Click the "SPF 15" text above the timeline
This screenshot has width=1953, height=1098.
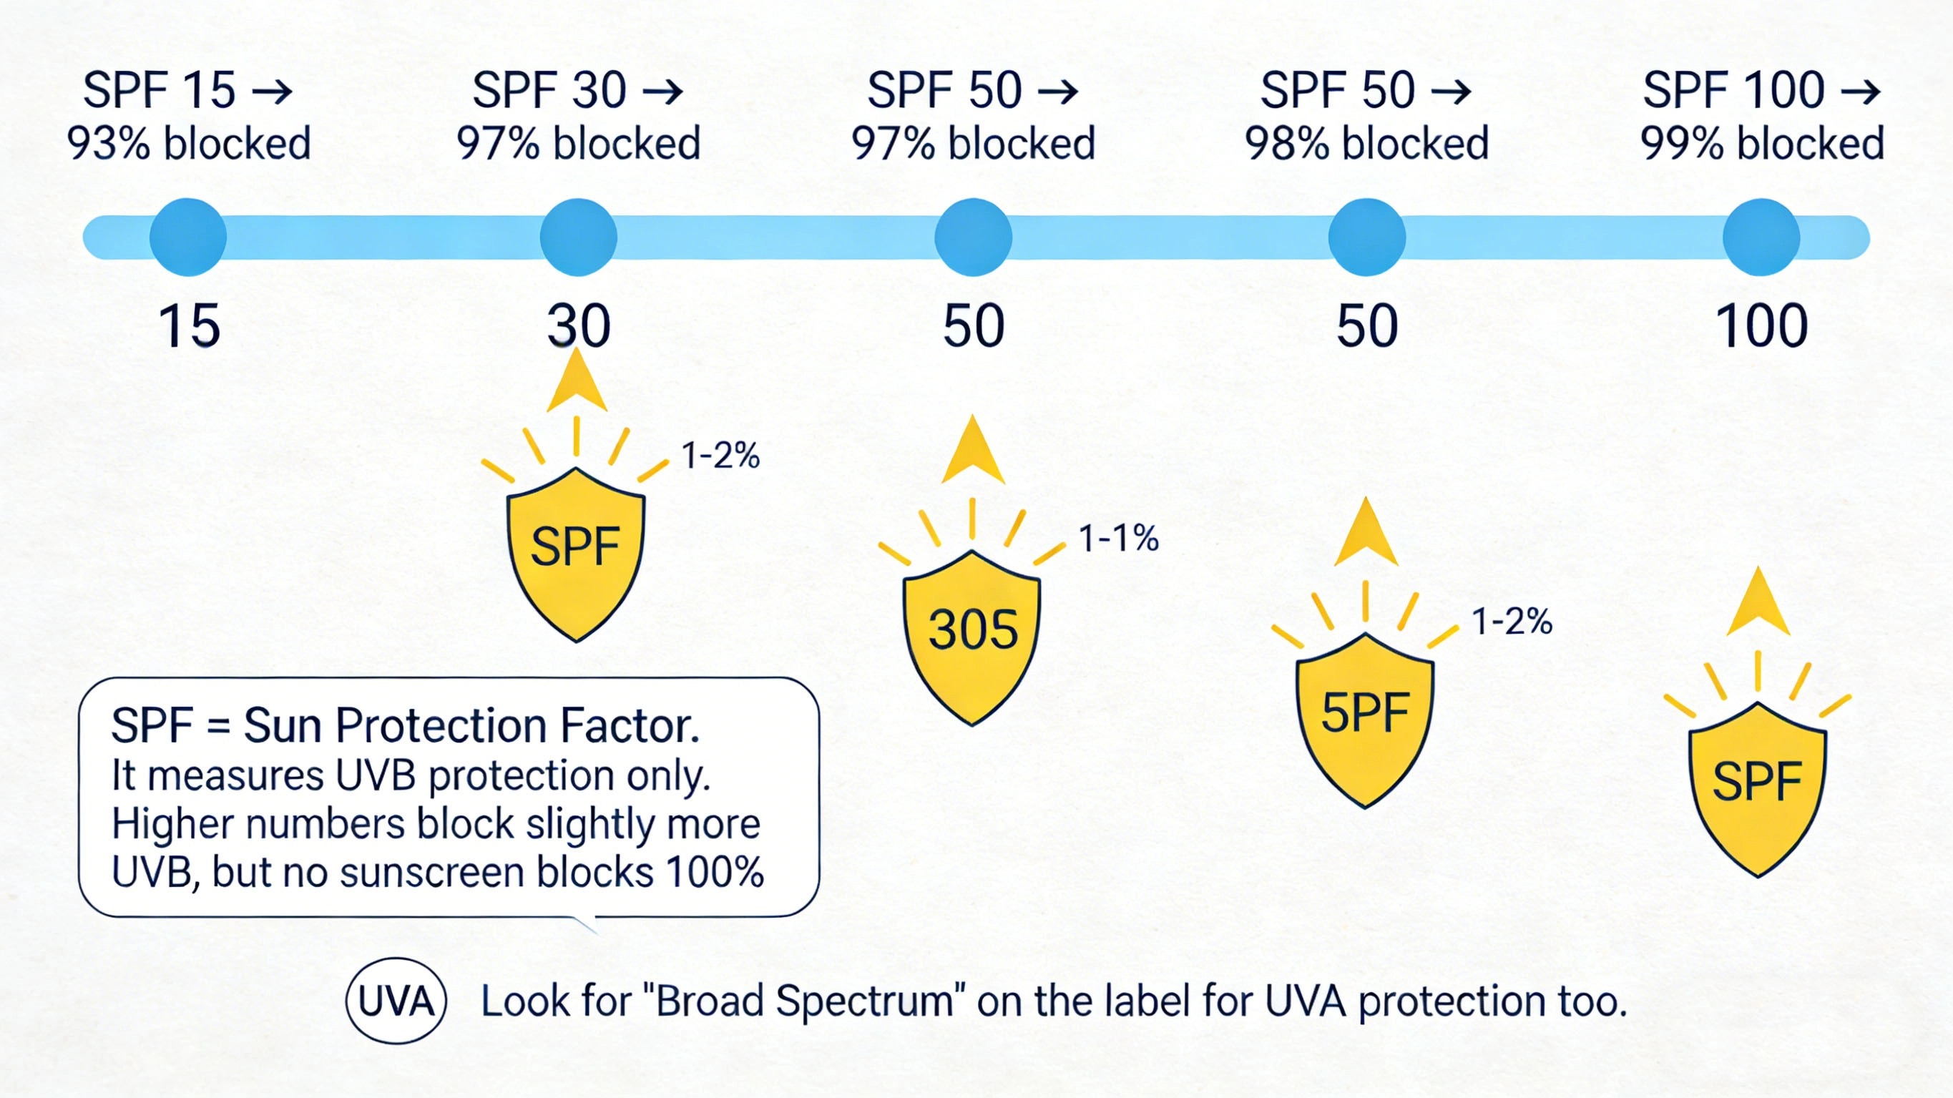[x=160, y=91]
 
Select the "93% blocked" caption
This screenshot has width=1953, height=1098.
[x=189, y=144]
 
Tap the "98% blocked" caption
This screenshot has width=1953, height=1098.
[x=1367, y=144]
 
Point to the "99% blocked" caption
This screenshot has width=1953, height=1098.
[x=1762, y=144]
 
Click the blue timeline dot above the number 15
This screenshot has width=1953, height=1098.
[x=188, y=237]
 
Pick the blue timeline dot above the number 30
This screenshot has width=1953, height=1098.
[x=579, y=237]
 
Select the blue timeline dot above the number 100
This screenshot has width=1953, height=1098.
[x=1761, y=237]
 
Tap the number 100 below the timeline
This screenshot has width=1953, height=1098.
[x=1761, y=326]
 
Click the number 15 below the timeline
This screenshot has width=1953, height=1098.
[x=190, y=326]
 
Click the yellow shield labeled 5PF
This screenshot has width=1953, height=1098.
[x=1365, y=717]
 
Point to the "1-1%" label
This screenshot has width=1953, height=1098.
[x=1118, y=539]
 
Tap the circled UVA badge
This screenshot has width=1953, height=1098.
[x=396, y=1001]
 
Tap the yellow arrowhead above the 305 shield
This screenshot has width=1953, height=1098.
[x=973, y=451]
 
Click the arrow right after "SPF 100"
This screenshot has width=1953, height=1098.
[x=1861, y=92]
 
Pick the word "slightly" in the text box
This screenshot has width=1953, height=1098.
[x=592, y=824]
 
